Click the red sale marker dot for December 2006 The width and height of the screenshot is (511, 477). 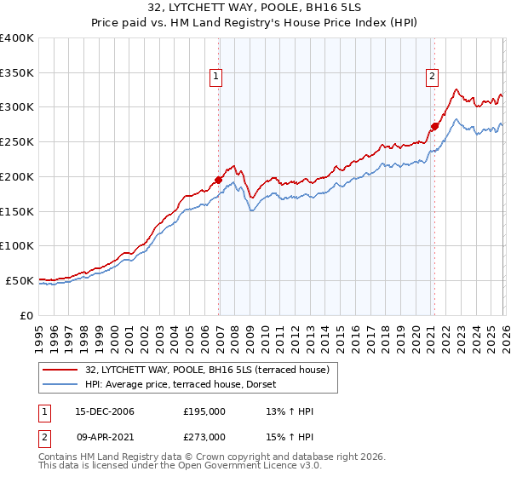tap(219, 180)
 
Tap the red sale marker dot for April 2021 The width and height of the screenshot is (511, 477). tap(434, 126)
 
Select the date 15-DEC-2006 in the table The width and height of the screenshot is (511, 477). tap(105, 411)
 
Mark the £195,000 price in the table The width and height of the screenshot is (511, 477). tap(204, 411)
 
